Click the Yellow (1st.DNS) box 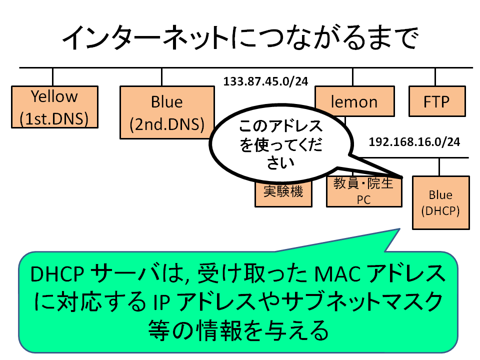pos(54,107)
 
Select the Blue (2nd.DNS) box pos(167,112)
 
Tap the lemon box pos(355,101)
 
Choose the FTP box pos(437,101)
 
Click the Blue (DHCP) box pos(441,202)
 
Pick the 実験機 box pos(283,193)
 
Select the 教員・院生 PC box pos(364,191)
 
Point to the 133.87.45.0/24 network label pos(265,81)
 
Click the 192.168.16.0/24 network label pos(414,142)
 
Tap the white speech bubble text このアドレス pos(280,126)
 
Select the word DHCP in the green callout pos(57,273)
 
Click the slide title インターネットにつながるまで pos(240,37)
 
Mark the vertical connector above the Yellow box pos(52,77)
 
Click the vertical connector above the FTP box pos(435,77)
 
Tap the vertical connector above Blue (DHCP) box pos(439,167)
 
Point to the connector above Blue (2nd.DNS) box pos(161,77)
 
